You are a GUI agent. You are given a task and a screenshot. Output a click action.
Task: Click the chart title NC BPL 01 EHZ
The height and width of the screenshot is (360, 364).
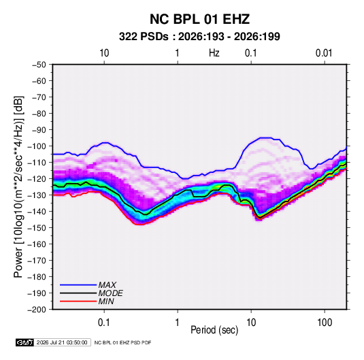(199, 19)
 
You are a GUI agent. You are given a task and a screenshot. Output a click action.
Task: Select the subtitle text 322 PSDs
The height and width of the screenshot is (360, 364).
(144, 37)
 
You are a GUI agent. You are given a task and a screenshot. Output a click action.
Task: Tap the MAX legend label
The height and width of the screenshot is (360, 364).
(107, 285)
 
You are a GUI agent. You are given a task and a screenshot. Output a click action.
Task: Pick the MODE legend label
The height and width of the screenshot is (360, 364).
(110, 293)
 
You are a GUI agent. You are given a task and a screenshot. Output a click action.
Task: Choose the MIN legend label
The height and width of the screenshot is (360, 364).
(106, 301)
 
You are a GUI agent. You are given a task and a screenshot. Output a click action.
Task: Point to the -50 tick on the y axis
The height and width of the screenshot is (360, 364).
(39, 65)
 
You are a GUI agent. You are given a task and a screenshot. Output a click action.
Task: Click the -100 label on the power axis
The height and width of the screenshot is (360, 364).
(37, 146)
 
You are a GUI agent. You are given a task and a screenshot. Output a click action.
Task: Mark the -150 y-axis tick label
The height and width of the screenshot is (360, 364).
(37, 228)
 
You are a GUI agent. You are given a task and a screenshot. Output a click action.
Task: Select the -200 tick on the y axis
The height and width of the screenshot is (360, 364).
(37, 310)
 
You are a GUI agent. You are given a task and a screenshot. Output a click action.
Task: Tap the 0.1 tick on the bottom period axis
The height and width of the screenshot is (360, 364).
(104, 323)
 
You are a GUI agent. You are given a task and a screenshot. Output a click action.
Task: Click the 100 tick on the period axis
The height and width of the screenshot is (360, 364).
(325, 323)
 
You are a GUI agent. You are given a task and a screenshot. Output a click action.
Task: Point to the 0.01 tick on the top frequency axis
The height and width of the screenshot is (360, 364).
(324, 53)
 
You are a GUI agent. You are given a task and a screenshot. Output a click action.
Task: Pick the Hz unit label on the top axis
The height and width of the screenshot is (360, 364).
(214, 53)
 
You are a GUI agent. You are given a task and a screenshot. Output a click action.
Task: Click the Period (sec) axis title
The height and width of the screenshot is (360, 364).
(214, 330)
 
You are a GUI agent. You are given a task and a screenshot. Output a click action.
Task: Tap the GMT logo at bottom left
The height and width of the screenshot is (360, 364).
(25, 342)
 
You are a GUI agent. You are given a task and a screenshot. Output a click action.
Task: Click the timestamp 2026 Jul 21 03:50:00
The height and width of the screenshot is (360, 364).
(62, 342)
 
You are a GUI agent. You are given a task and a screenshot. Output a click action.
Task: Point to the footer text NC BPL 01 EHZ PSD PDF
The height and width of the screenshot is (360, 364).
(122, 342)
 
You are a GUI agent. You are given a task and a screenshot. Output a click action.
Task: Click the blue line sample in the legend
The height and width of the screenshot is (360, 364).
(78, 285)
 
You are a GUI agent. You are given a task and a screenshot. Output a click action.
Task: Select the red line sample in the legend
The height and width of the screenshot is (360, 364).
(78, 301)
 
